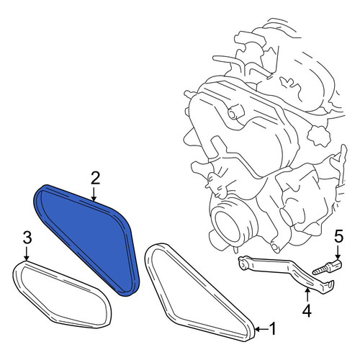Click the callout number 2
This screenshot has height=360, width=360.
pyautogui.click(x=95, y=179)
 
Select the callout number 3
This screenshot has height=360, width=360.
pyautogui.click(x=27, y=238)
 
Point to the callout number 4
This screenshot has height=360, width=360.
pyautogui.click(x=307, y=311)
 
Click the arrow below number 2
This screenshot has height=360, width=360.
pyautogui.click(x=94, y=194)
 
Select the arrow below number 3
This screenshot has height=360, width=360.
pyautogui.click(x=26, y=253)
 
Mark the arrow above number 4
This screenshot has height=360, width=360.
pyautogui.click(x=307, y=294)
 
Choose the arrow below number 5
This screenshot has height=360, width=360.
pyautogui.click(x=337, y=252)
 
